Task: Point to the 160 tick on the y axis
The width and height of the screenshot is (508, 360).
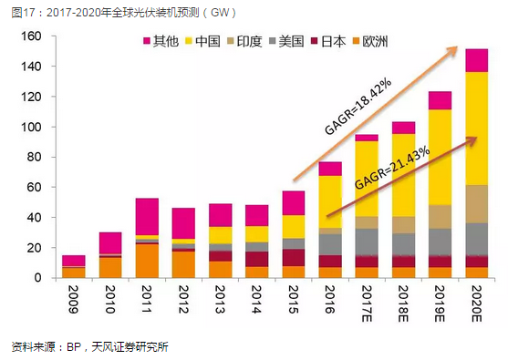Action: pos(32,36)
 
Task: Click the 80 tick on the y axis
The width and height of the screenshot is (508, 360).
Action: pos(35,157)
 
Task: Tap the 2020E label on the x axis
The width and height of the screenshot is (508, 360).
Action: pos(478,306)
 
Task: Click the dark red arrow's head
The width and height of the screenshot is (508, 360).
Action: pos(476,138)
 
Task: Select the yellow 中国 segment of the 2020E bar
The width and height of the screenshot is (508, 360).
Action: pos(477,128)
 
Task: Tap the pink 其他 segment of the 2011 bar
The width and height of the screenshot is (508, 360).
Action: pos(146,217)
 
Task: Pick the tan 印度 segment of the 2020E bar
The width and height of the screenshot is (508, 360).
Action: pos(477,203)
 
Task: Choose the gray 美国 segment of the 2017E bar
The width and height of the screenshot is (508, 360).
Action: pos(368,242)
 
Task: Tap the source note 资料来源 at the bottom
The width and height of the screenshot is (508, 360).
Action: pos(89,346)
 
